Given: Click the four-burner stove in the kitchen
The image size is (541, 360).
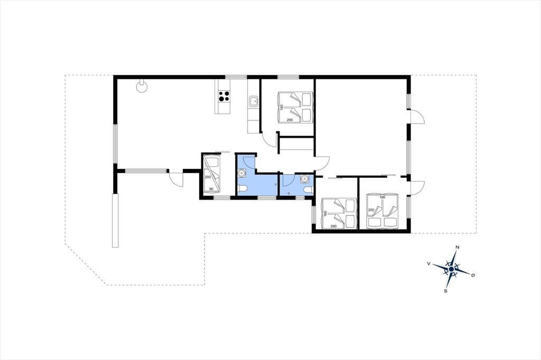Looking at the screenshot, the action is [223, 96].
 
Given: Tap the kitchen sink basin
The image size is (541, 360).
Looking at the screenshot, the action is [254, 101].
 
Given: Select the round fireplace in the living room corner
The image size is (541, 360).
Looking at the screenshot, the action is [142, 86].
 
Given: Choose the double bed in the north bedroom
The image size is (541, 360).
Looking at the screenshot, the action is [295, 107].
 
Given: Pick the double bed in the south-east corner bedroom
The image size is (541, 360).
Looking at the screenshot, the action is [383, 210].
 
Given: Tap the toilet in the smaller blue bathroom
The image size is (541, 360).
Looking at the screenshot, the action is [309, 190].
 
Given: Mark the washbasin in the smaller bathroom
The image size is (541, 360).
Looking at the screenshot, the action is [305, 178].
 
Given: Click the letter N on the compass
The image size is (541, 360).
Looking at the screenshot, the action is [458, 247].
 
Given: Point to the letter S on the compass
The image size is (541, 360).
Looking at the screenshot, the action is [446, 291].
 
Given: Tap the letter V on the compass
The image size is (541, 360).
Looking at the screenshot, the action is [428, 263].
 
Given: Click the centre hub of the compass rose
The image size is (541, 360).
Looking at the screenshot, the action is [451, 269].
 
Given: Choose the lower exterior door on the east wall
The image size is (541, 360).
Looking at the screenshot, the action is [417, 187].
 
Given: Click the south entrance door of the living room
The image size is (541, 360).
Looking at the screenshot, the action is [175, 178].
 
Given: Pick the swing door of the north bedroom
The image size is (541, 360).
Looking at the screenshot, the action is [269, 139].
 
